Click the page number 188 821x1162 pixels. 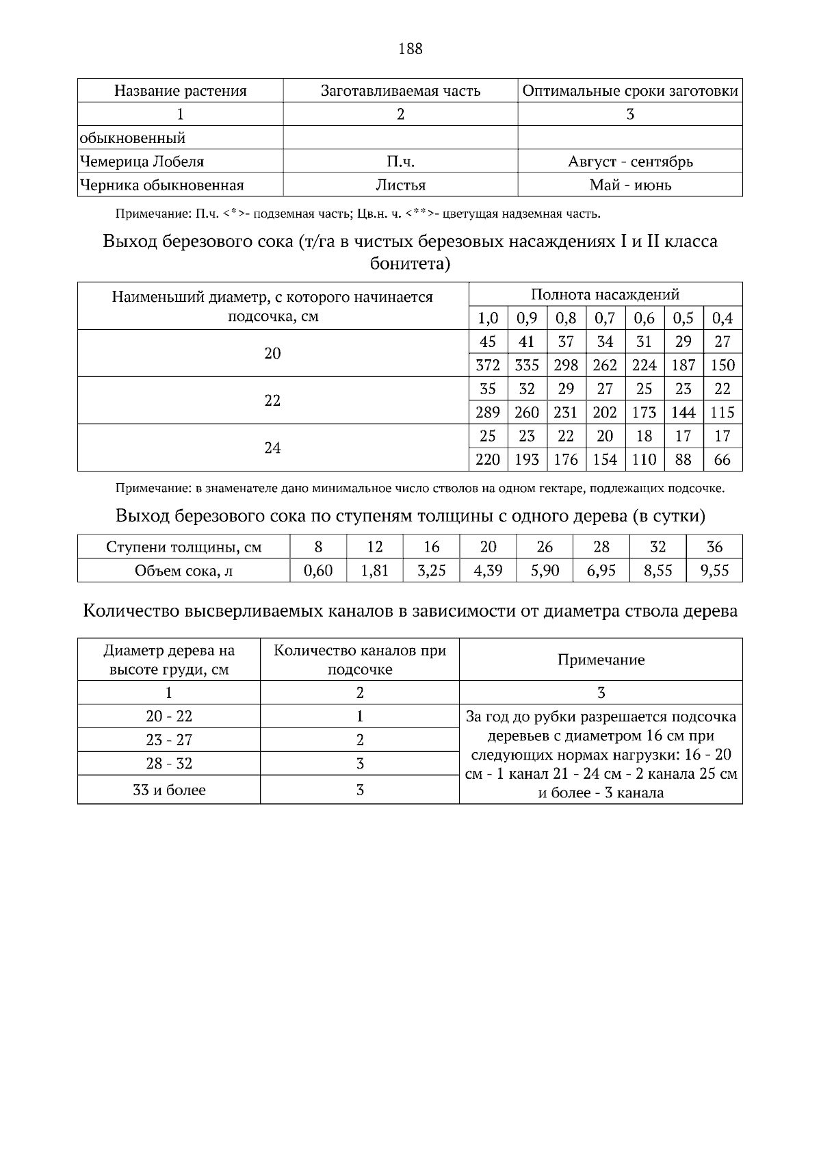click(410, 49)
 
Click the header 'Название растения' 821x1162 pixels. click(180, 91)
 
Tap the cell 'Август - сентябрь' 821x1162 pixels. click(629, 162)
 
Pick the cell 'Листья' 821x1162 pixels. click(400, 185)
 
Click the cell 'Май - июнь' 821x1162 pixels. click(629, 185)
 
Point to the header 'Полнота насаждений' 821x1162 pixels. click(605, 295)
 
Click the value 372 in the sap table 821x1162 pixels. click(487, 365)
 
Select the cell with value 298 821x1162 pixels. click(566, 365)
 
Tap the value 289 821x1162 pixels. click(487, 413)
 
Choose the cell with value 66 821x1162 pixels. click(722, 460)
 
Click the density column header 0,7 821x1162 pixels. click(605, 318)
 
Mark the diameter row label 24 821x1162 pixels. click(272, 448)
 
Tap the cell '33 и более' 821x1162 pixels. click(169, 790)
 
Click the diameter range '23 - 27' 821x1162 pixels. click(169, 740)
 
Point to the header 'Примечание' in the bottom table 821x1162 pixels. click(601, 660)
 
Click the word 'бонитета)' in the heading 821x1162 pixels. click(410, 264)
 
